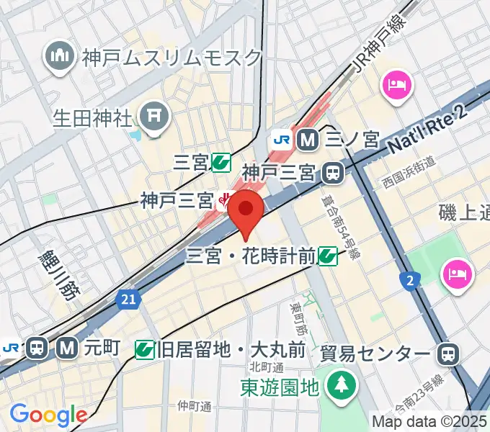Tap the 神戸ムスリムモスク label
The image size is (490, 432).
(171, 57)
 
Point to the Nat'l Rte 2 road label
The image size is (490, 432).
(427, 127)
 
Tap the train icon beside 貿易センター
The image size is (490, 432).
(448, 353)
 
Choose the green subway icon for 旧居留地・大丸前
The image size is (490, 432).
(145, 351)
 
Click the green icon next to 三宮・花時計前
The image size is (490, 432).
(328, 254)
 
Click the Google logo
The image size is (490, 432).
(48, 415)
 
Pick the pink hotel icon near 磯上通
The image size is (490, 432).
(458, 273)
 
